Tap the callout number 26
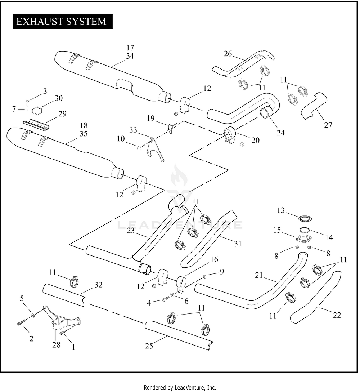click(228, 54)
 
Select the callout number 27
click(328, 125)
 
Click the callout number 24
click(280, 133)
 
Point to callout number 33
click(133, 130)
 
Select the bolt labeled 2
click(21, 323)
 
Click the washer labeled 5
click(33, 315)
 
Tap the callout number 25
click(149, 346)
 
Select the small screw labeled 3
click(28, 102)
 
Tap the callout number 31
click(237, 244)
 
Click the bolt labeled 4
click(165, 299)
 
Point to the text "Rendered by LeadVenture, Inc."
click(180, 388)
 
